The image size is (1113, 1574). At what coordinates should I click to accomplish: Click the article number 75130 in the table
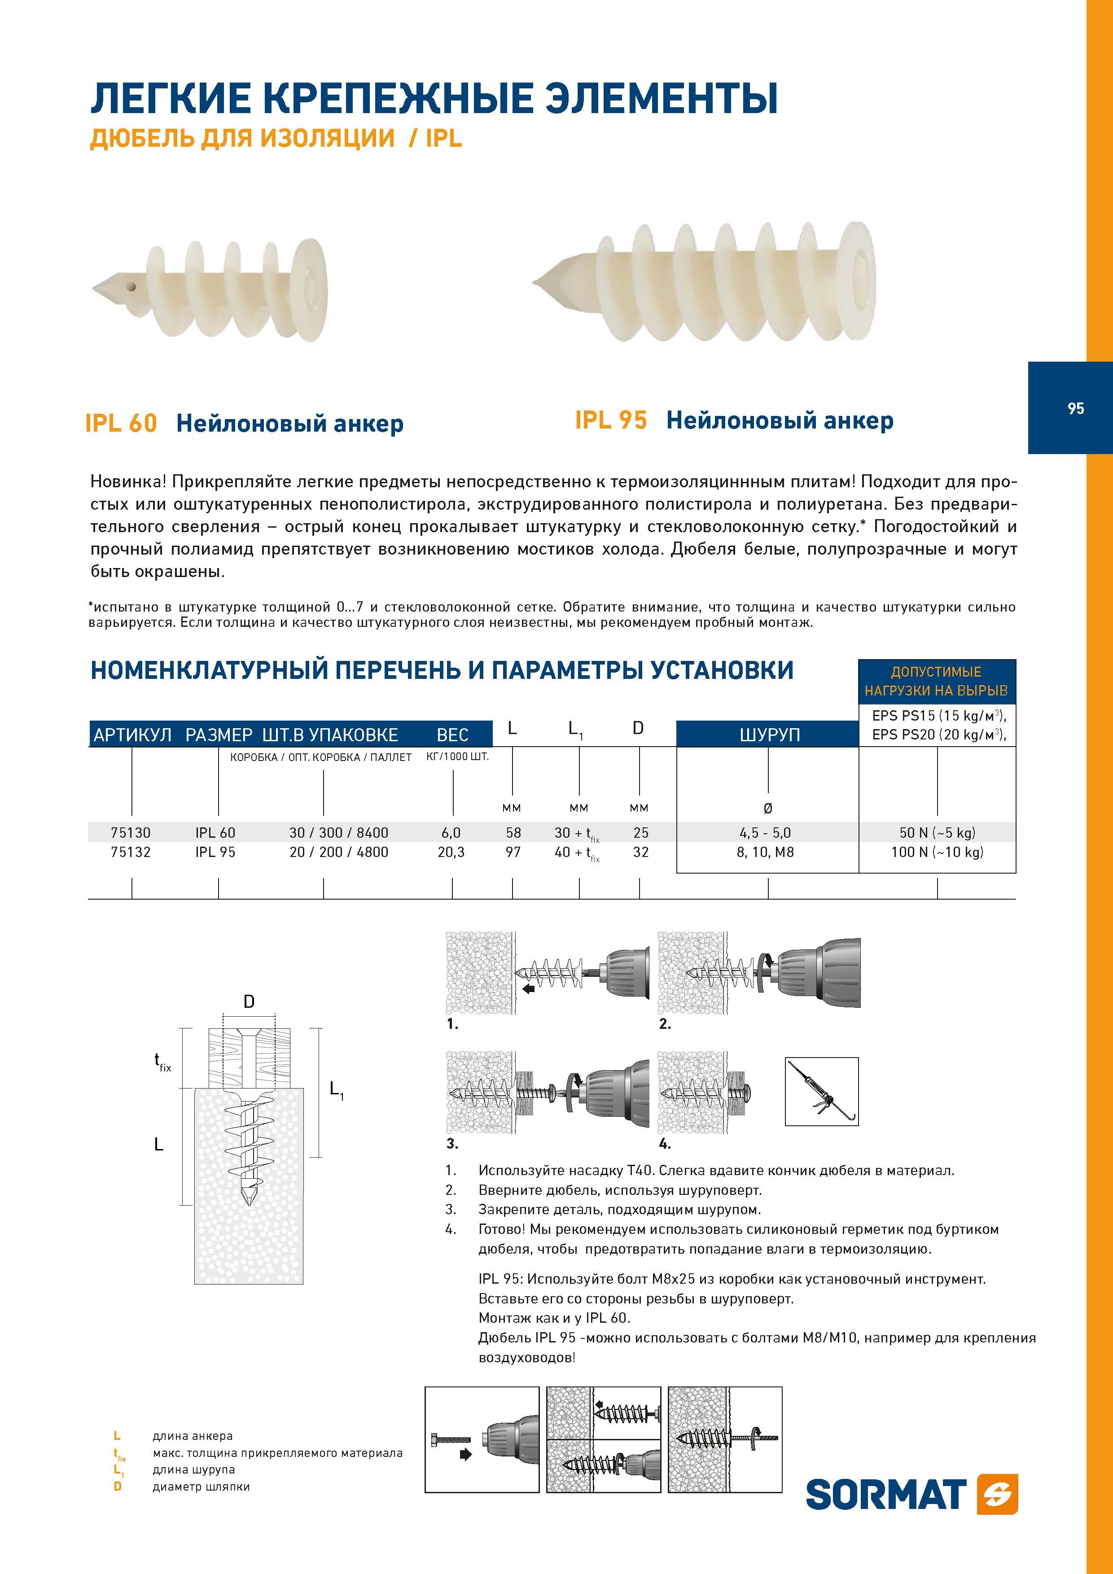[x=130, y=832]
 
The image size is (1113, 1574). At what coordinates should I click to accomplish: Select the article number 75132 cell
[x=130, y=852]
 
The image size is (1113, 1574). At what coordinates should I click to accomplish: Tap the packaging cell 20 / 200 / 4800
[x=339, y=852]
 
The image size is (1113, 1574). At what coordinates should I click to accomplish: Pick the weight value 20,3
[x=451, y=852]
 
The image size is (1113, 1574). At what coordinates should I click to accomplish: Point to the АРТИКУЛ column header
[x=132, y=735]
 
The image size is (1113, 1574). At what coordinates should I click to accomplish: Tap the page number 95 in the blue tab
[x=1075, y=409]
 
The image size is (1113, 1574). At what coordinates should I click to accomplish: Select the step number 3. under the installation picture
[x=452, y=1143]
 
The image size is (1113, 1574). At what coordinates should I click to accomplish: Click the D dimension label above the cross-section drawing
[x=249, y=1001]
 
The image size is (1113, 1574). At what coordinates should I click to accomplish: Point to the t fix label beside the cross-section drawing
[x=162, y=1062]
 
